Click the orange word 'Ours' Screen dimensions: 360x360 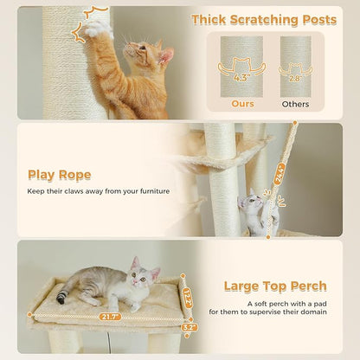(243, 103)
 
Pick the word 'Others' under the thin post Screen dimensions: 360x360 (295, 103)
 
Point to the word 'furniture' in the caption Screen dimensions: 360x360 (149, 191)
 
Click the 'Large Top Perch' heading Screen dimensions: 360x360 (274, 286)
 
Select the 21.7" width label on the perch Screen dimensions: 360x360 (111, 318)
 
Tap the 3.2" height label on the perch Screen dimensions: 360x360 (189, 328)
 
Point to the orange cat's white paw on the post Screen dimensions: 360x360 (98, 27)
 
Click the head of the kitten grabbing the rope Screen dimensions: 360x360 (252, 202)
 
